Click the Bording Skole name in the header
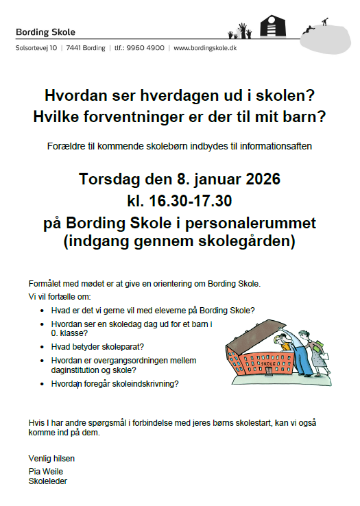tap(45, 32)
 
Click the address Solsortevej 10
tap(36, 48)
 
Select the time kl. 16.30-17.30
tap(179, 202)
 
